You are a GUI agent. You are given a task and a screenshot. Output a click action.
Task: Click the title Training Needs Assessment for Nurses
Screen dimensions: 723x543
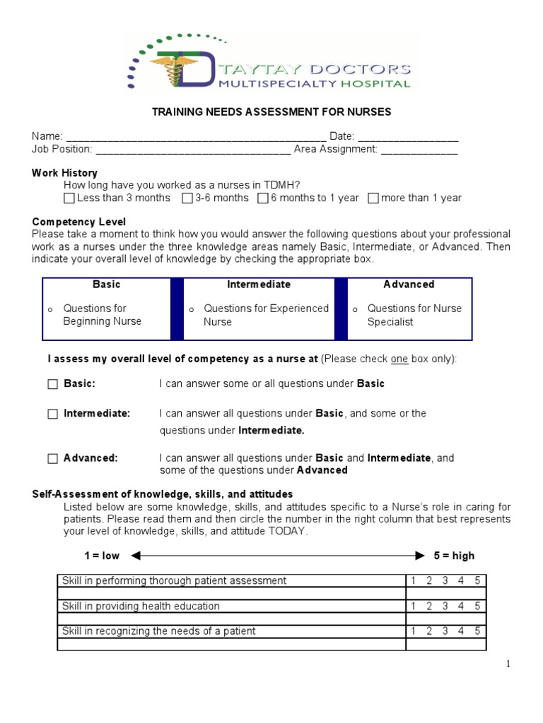[x=272, y=112]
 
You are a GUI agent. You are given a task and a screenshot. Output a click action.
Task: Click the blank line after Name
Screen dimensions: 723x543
[x=195, y=136]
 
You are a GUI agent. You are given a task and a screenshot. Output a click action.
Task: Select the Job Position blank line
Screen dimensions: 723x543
[x=192, y=149]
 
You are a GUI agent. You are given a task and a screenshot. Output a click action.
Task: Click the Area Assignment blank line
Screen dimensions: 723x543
[x=419, y=149]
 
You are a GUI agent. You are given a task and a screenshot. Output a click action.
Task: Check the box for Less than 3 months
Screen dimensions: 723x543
[x=69, y=198]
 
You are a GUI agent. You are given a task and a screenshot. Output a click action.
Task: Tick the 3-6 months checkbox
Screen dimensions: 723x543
[x=187, y=198]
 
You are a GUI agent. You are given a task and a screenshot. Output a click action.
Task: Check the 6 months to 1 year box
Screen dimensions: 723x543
[x=263, y=198]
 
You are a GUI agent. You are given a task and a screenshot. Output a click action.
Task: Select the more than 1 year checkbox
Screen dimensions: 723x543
[x=373, y=198]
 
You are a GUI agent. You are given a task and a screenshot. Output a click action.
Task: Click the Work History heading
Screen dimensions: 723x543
[x=64, y=173]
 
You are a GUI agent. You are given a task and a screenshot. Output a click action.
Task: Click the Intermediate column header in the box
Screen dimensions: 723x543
[x=259, y=285]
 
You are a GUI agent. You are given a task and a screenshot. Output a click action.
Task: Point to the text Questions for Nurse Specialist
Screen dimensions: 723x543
[x=414, y=315]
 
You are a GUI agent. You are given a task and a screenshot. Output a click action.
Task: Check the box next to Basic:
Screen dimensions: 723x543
[x=53, y=384]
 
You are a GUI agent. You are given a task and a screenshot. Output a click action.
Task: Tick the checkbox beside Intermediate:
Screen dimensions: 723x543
[x=53, y=414]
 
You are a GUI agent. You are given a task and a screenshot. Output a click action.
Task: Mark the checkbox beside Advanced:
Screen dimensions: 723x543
[x=53, y=459]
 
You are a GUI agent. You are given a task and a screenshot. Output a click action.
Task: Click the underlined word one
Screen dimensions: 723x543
[x=399, y=359]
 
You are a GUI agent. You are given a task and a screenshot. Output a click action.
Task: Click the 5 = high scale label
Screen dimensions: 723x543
[x=454, y=556]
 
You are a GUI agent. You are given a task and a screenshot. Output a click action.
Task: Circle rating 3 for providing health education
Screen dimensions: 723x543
[x=445, y=606]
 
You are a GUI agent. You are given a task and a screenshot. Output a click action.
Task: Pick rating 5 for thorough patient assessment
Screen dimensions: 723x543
[x=477, y=580]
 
